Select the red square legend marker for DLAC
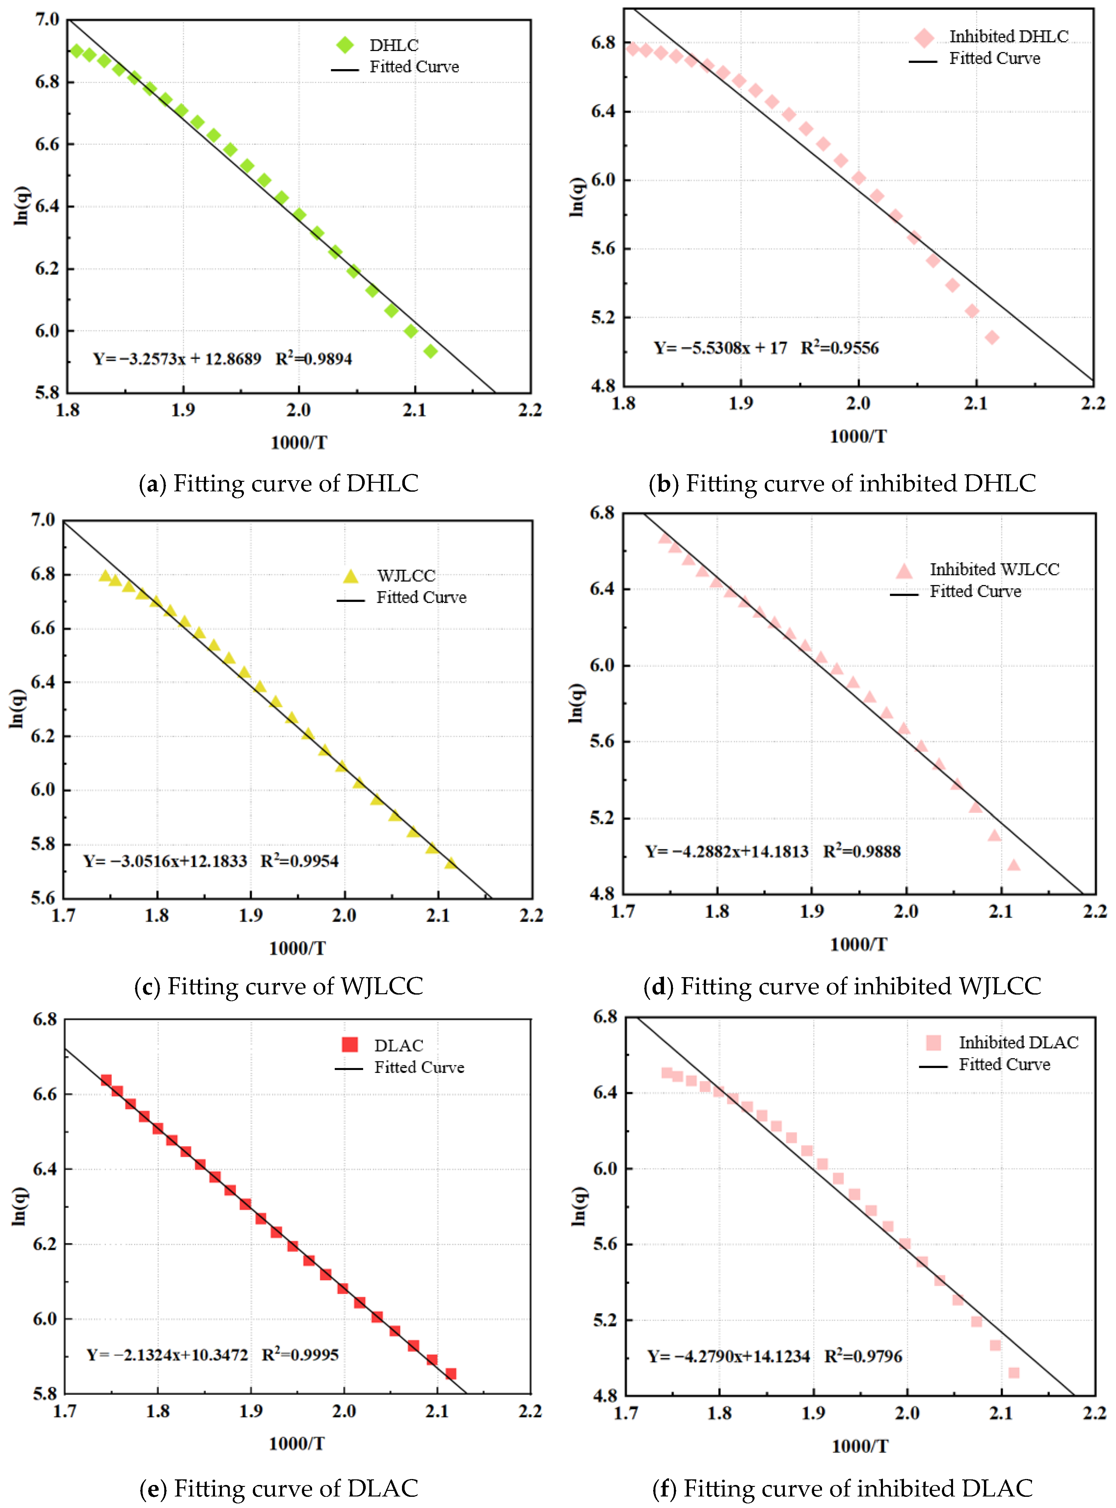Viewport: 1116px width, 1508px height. tap(350, 1045)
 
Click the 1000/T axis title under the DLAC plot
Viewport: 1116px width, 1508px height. tap(297, 1443)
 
